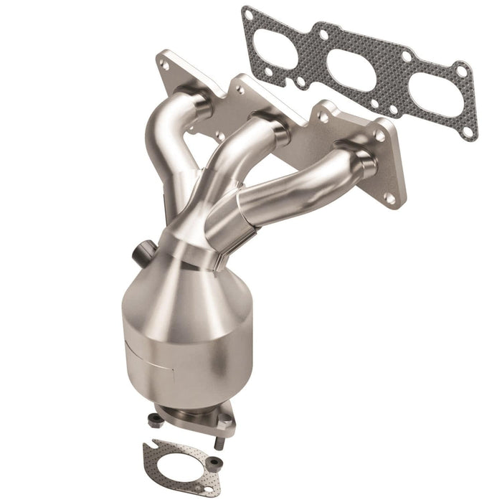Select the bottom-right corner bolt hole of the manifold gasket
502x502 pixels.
468,132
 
